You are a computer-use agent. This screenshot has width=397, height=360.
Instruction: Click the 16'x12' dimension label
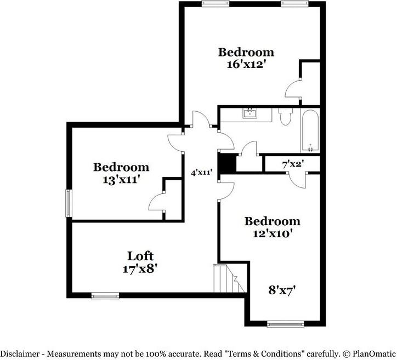247,64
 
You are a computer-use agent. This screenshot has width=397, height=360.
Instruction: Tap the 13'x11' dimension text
122,180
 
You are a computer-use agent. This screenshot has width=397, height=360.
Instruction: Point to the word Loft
140,256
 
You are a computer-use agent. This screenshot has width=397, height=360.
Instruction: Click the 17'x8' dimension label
140,268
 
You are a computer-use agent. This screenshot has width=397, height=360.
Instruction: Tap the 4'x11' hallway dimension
201,173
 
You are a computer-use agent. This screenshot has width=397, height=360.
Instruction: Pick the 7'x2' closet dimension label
293,164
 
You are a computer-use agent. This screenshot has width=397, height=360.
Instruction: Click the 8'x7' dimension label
282,290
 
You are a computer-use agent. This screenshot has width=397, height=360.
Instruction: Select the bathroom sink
250,113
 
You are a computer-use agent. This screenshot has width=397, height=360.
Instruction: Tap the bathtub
310,130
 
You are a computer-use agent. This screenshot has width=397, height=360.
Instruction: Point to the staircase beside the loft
230,278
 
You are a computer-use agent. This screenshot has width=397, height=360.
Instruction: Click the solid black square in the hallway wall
227,164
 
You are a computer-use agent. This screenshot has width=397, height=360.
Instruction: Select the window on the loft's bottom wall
105,295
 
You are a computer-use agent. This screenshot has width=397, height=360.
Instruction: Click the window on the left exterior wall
69,203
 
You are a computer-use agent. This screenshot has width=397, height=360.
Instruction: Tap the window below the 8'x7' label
286,324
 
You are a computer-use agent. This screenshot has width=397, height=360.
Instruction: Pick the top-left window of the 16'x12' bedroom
215,4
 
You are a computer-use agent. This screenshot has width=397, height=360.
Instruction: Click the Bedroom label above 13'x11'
121,167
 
